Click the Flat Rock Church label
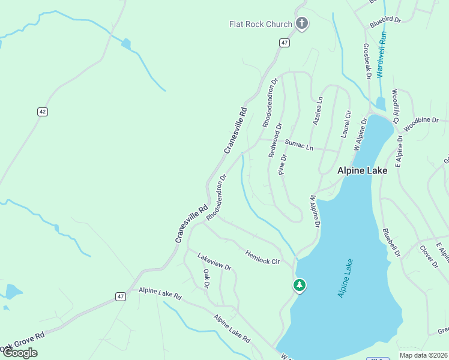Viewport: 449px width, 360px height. pos(261,24)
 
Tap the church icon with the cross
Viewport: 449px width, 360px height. pos(302,24)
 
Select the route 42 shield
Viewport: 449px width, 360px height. pos(42,112)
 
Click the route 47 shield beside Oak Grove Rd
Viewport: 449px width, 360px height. pos(121,296)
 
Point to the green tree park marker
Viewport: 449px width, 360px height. pos(299,285)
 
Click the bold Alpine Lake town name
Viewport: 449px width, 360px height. pos(362,170)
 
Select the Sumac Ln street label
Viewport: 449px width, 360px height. pos(299,145)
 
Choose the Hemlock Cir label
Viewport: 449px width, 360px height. pos(262,257)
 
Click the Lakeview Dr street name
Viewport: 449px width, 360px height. pos(214,262)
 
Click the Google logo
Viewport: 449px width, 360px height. pos(19,353)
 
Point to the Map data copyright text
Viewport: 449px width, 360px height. pos(423,355)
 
